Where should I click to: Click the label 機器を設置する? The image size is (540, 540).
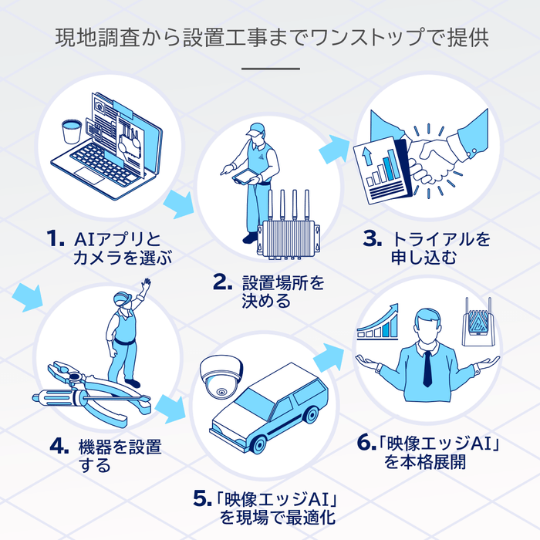[x=120, y=455]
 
